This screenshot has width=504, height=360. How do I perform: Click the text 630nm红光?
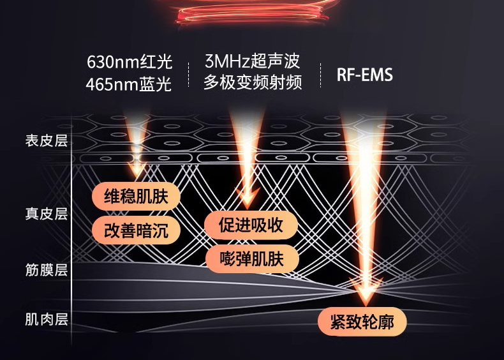click(x=130, y=63)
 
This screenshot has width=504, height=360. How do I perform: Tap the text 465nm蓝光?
click(x=130, y=84)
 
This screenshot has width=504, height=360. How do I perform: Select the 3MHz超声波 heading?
click(x=253, y=62)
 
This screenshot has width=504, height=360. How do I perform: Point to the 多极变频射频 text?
click(x=253, y=82)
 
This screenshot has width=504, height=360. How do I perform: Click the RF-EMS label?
click(x=364, y=75)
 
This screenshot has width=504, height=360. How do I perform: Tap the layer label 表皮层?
click(x=46, y=141)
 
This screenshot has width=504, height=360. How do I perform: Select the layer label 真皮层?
click(x=46, y=213)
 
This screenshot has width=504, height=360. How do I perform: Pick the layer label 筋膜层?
click(x=46, y=269)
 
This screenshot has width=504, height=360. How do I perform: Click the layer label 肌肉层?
click(x=46, y=319)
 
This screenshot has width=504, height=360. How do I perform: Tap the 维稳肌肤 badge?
click(x=136, y=196)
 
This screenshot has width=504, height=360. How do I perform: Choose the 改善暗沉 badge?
click(x=136, y=230)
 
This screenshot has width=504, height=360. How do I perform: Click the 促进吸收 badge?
click(x=251, y=225)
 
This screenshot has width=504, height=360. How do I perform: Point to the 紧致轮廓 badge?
click(x=362, y=321)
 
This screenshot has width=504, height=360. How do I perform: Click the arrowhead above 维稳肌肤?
click(x=137, y=169)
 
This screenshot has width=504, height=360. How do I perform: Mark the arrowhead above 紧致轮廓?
click(x=366, y=296)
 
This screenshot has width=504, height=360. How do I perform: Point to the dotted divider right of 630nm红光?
click(x=189, y=73)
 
